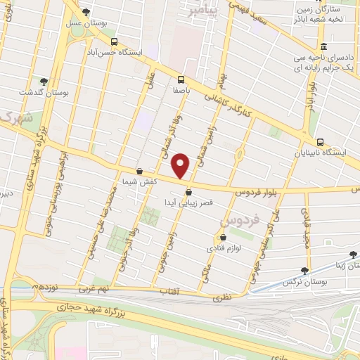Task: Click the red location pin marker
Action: [x=181, y=166]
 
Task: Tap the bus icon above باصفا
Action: [x=181, y=79]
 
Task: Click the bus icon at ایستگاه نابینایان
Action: [x=321, y=142]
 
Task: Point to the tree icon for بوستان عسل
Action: [x=86, y=12]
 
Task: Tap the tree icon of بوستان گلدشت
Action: [x=44, y=82]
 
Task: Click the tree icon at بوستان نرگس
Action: [x=304, y=270]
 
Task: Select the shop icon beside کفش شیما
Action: [x=139, y=171]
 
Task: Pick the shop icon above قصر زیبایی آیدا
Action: [x=188, y=191]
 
